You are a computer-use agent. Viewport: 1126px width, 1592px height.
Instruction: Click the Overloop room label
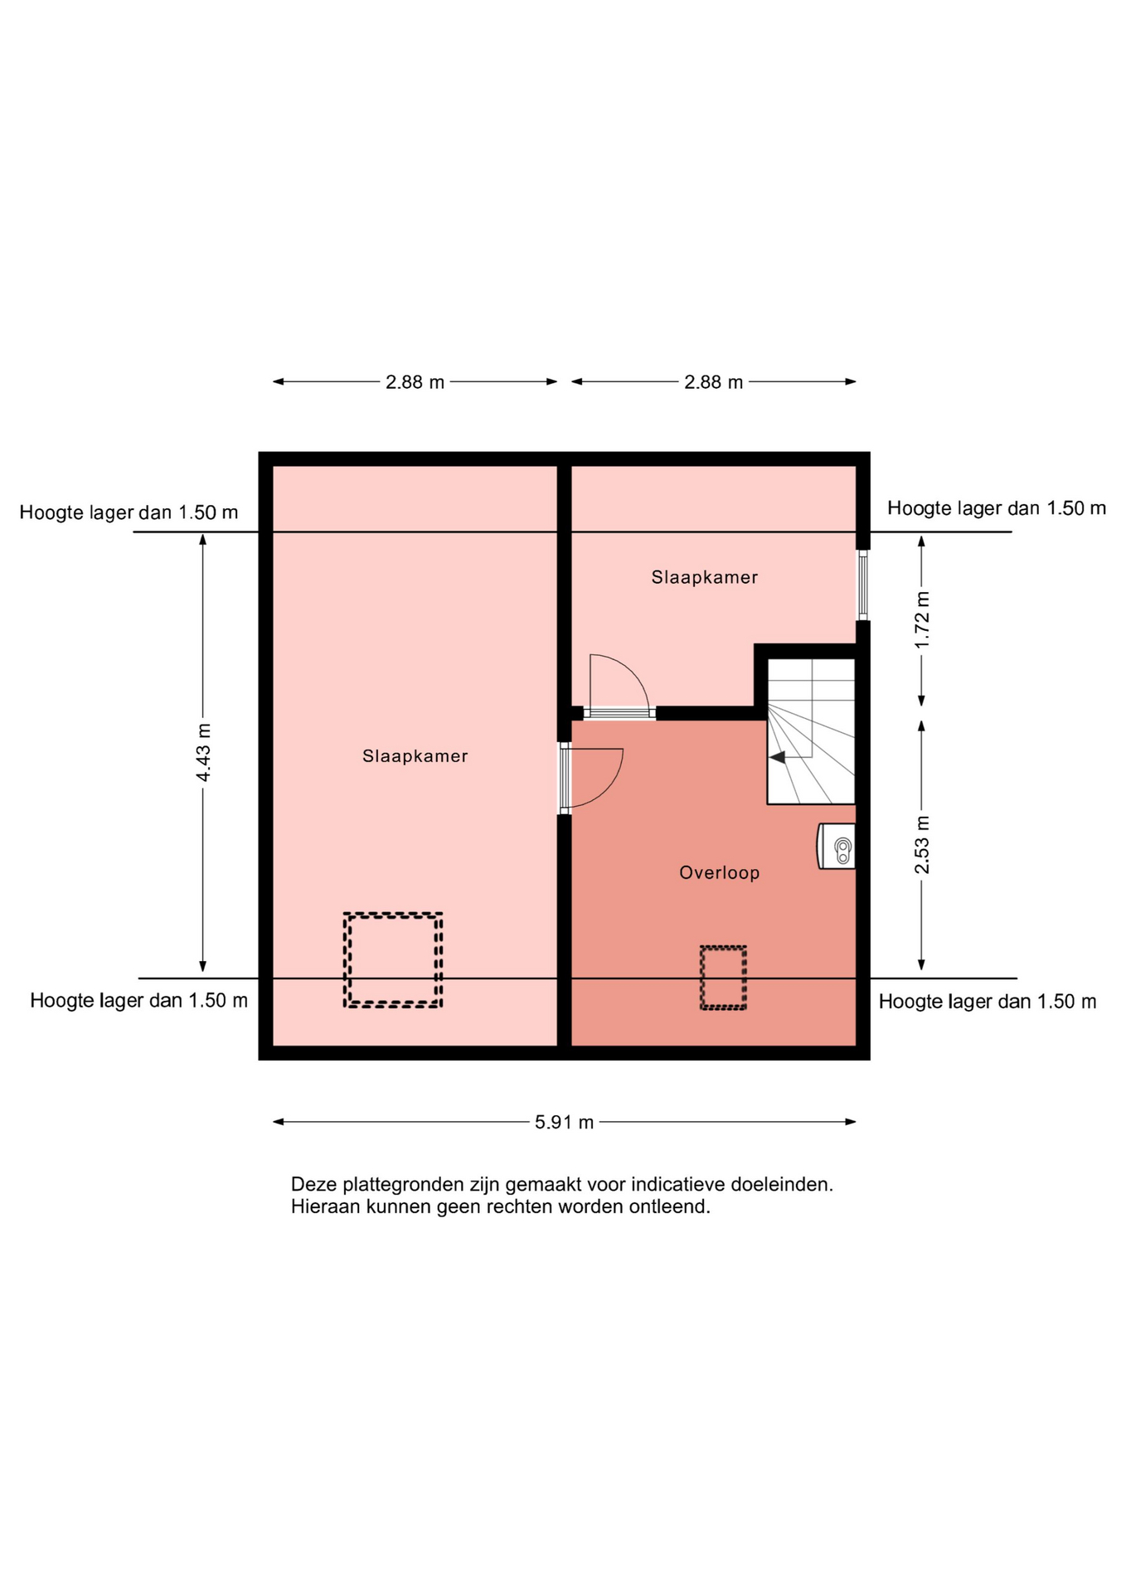(x=719, y=872)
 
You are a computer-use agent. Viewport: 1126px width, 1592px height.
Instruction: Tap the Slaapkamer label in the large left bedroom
(x=415, y=756)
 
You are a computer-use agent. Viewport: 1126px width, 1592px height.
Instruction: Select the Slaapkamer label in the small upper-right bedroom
(x=704, y=577)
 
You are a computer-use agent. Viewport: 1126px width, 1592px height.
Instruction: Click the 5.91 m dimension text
(x=564, y=1122)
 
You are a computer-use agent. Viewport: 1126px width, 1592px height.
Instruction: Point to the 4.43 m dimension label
(x=203, y=752)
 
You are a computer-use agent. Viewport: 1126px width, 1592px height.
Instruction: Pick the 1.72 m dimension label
(x=922, y=620)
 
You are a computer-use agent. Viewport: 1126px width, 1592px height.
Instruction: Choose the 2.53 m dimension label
(x=922, y=845)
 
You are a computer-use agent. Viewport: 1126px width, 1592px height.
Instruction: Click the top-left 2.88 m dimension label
(x=415, y=382)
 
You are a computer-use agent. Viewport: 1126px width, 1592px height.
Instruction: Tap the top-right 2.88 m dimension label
(x=713, y=382)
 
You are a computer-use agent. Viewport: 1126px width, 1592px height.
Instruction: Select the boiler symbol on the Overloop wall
(x=837, y=846)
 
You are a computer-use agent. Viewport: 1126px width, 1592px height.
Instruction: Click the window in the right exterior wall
(x=863, y=585)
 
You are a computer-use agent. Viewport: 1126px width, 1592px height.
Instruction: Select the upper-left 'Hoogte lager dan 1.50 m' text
(x=129, y=512)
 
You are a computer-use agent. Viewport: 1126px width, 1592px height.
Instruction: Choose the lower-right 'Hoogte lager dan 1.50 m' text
(x=988, y=1002)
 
